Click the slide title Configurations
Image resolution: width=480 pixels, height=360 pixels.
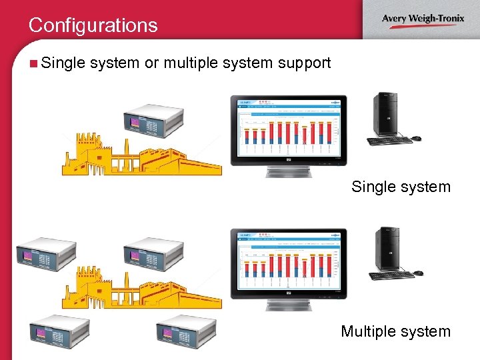coord(93,25)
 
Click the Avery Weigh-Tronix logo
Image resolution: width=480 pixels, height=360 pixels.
coord(423,19)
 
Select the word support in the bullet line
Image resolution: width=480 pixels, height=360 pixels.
coord(305,63)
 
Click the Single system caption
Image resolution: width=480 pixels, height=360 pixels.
coord(401,187)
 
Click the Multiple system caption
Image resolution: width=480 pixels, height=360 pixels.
coord(395,331)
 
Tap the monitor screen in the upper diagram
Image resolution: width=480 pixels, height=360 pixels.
coord(288,127)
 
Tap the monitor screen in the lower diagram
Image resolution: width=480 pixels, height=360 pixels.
coord(288,261)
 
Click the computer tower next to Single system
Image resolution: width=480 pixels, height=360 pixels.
coord(386,114)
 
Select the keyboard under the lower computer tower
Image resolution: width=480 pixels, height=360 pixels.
coord(391,274)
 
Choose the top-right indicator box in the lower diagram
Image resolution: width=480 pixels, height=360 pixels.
coord(153,254)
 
